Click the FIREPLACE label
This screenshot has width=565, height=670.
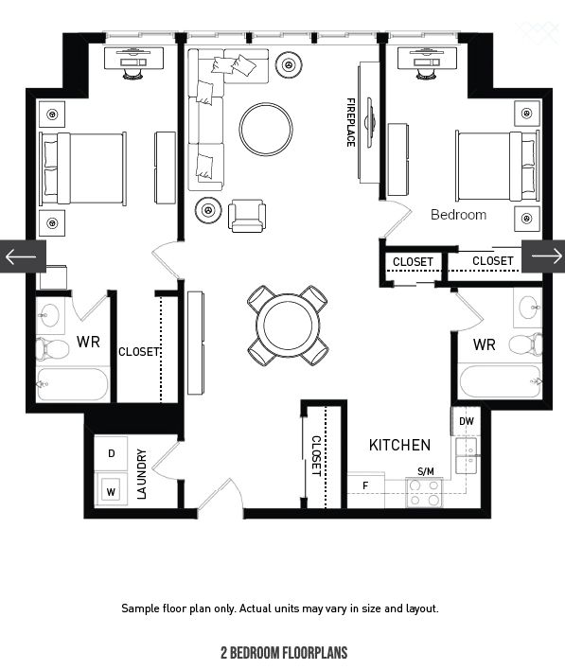[350, 121]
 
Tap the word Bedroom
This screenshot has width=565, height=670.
[458, 215]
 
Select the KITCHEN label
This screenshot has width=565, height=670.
[399, 445]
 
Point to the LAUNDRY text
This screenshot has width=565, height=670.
[142, 473]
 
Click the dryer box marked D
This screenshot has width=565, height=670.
[112, 454]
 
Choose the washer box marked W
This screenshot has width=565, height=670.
[112, 491]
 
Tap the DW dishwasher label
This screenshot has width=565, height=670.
[466, 421]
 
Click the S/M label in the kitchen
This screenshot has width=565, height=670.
[426, 470]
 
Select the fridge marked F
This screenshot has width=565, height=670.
[365, 486]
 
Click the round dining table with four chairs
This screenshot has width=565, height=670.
[288, 325]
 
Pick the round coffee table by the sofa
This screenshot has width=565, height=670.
[266, 129]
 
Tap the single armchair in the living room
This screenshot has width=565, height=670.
[247, 215]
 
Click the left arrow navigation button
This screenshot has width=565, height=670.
[21, 256]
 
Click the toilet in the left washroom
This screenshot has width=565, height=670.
[52, 348]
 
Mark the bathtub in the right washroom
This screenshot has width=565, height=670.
[500, 382]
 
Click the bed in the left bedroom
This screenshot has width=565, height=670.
[83, 168]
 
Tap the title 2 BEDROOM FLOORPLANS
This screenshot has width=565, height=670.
[284, 653]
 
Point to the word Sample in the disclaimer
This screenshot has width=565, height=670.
[140, 608]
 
